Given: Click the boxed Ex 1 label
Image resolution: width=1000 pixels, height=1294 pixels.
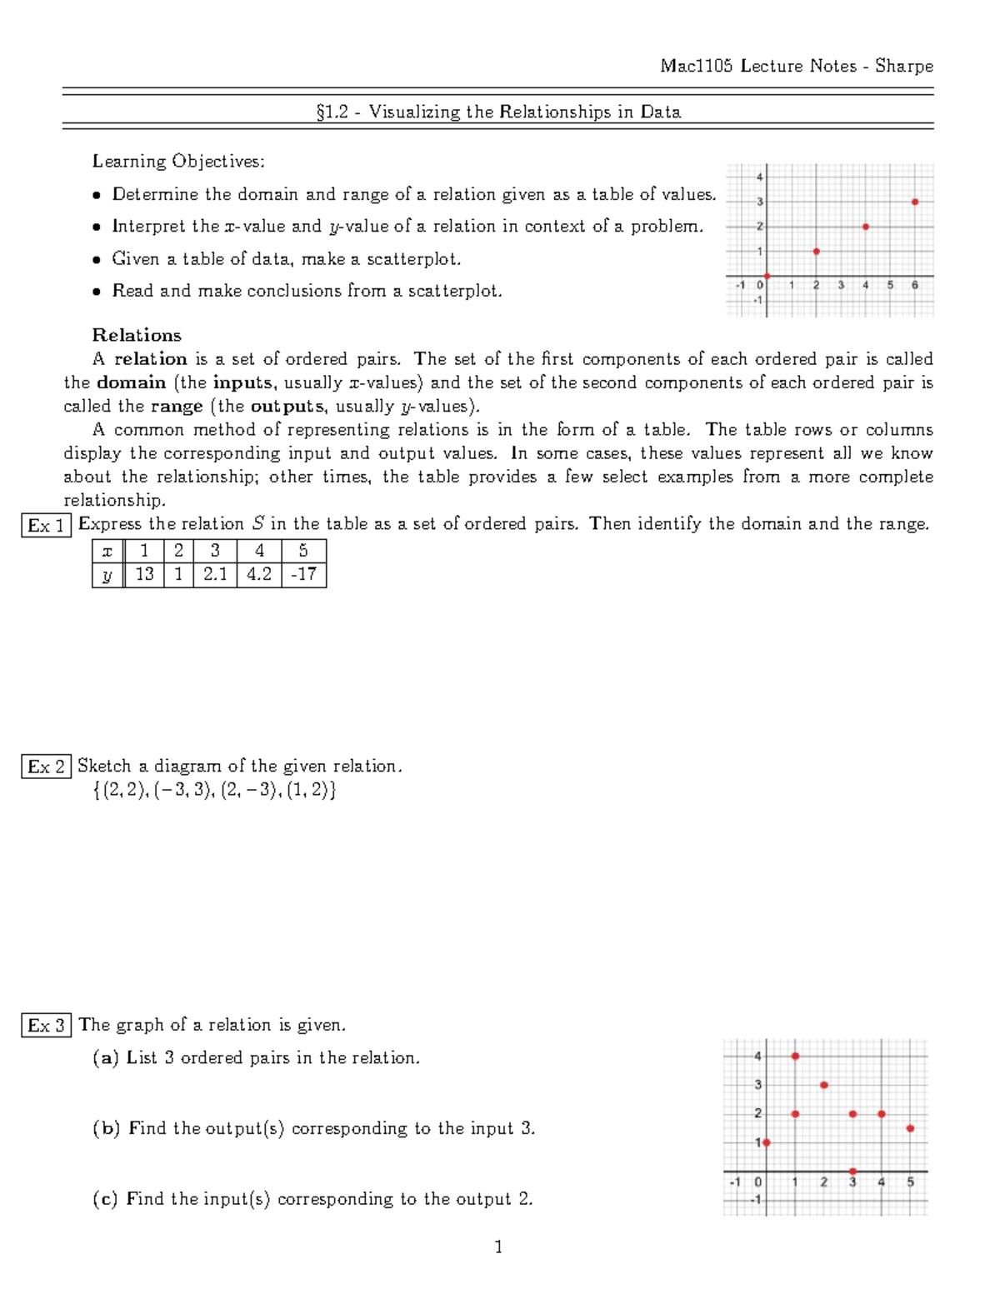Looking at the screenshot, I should point(46,526).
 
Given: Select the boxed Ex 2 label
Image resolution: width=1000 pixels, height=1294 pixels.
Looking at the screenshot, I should point(46,767).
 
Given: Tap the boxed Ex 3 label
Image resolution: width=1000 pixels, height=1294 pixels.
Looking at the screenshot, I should point(46,1026).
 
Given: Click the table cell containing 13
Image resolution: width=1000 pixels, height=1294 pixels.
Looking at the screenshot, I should point(144,574).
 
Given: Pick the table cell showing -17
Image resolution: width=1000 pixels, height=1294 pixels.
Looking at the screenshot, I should point(303,574).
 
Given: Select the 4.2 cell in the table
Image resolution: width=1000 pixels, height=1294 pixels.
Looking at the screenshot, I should point(259,574).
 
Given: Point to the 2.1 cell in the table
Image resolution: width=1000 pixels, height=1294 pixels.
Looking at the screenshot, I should point(215,574).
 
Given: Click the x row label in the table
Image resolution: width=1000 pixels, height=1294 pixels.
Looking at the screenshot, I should point(107,551).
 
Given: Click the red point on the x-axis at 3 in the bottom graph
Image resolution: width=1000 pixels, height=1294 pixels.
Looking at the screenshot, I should point(852,1172).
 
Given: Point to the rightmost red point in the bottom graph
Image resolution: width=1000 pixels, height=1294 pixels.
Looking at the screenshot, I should point(911,1128).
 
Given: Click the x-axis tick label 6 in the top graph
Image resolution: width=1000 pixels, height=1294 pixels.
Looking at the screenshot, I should point(915,285).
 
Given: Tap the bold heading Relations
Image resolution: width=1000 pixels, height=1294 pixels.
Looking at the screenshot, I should point(137,335).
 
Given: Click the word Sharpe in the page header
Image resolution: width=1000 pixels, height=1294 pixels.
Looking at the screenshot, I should point(904,66).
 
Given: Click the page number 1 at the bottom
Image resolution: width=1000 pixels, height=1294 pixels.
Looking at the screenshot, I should point(498,1247).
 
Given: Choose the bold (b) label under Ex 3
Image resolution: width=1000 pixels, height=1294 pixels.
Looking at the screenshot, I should point(106,1128).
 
